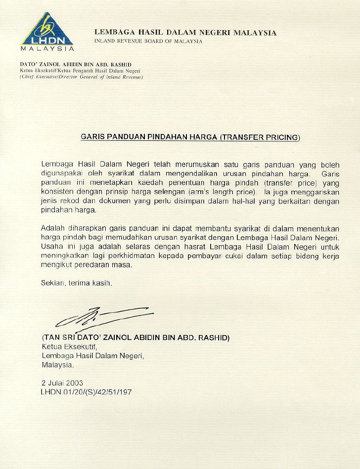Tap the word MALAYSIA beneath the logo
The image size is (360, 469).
click(46, 49)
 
